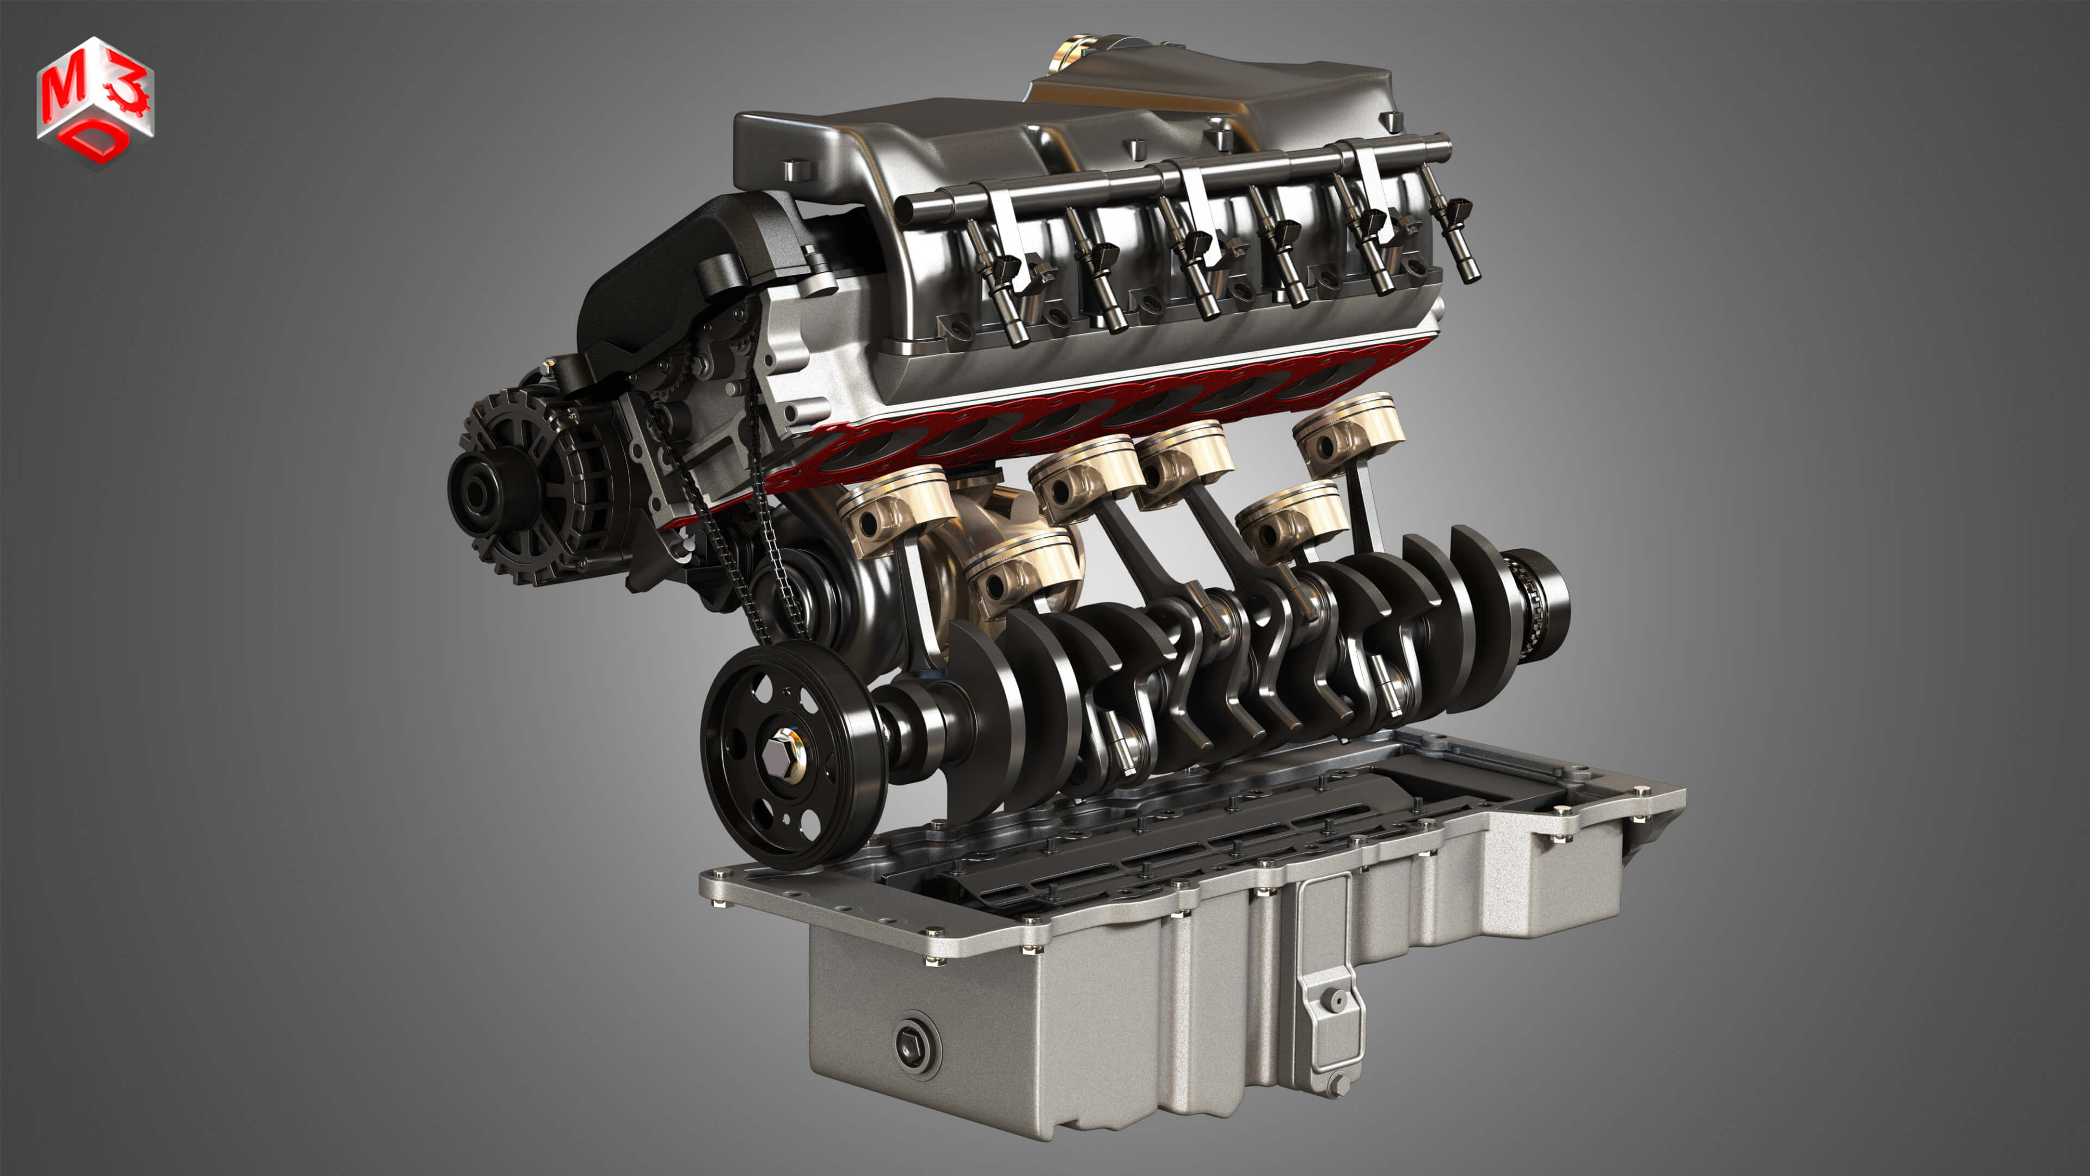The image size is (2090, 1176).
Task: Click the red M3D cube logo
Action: (95, 101)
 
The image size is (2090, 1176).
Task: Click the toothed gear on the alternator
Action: (519, 487)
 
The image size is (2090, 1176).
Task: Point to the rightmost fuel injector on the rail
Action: (1456, 235)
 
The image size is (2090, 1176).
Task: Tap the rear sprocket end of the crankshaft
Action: (1538, 601)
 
